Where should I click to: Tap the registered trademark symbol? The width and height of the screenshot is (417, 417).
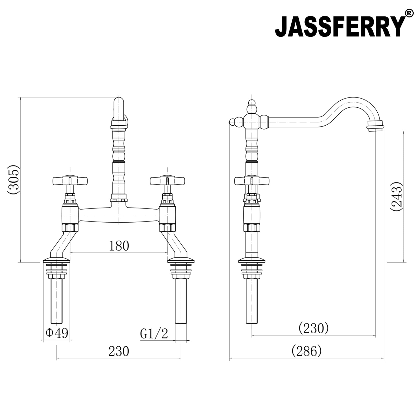click(409, 13)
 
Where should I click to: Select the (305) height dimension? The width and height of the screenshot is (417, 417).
click(13, 180)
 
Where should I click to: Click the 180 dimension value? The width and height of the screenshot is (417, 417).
click(119, 246)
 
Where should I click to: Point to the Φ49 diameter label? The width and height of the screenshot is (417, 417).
click(57, 333)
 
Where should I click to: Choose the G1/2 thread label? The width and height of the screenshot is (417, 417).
click(154, 334)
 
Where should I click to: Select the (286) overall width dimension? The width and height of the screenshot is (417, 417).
click(306, 351)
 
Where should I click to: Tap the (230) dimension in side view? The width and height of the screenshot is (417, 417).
click(314, 328)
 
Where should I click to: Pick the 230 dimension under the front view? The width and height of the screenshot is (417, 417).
click(119, 351)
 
